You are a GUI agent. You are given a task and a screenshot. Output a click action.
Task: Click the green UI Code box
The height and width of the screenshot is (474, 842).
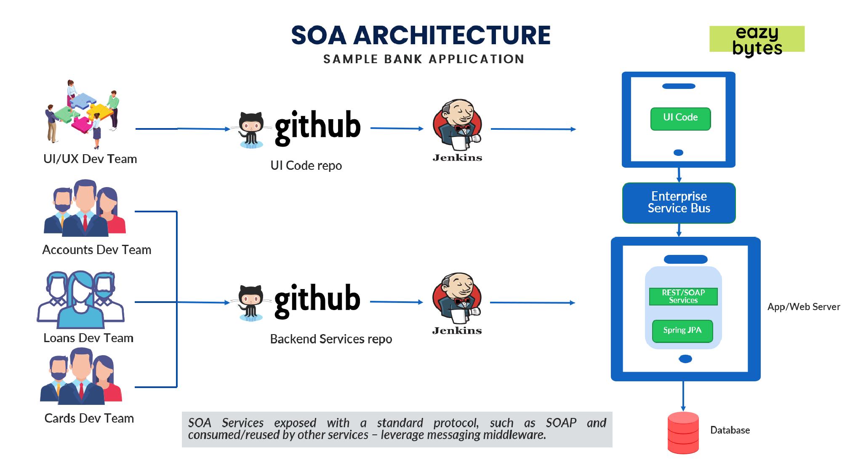pyautogui.click(x=680, y=118)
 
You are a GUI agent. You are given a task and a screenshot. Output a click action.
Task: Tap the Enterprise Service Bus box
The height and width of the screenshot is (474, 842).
pyautogui.click(x=679, y=203)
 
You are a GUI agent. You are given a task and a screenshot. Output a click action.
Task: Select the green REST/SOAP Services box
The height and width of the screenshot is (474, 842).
pyautogui.click(x=683, y=296)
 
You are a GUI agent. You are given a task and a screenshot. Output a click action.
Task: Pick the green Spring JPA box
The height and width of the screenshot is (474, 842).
pyautogui.click(x=682, y=331)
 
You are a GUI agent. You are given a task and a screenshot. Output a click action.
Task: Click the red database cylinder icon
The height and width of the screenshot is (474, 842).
pyautogui.click(x=683, y=433)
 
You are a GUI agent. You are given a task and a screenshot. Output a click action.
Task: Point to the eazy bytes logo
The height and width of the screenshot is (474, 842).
pyautogui.click(x=757, y=40)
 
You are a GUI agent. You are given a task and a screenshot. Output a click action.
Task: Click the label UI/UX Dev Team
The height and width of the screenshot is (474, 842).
pyautogui.click(x=90, y=159)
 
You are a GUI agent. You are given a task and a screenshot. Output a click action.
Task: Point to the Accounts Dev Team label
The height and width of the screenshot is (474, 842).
pyautogui.click(x=96, y=250)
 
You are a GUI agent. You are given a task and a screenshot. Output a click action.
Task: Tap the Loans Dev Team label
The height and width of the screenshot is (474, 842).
pyautogui.click(x=88, y=338)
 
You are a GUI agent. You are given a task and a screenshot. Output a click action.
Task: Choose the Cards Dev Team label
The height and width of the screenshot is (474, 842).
pyautogui.click(x=89, y=418)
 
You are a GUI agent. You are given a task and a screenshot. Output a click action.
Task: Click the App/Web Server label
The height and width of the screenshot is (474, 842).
pyautogui.click(x=803, y=307)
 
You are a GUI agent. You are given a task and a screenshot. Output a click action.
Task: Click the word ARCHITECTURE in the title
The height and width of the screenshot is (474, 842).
pyautogui.click(x=452, y=35)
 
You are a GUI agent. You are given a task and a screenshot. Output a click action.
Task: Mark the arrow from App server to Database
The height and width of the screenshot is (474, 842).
pyautogui.click(x=683, y=396)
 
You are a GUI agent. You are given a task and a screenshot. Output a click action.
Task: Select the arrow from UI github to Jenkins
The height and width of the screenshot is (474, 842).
pyautogui.click(x=397, y=128)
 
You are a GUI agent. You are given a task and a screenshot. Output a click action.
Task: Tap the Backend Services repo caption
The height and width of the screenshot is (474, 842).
pyautogui.click(x=331, y=339)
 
